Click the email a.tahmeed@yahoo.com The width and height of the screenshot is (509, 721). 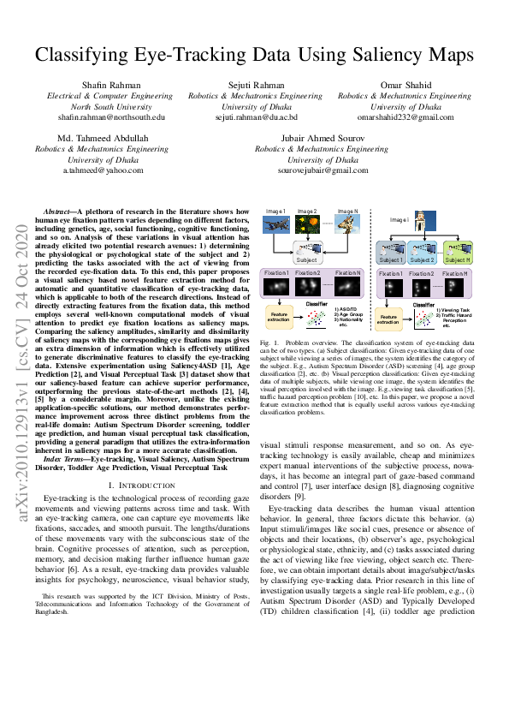pos(101,170)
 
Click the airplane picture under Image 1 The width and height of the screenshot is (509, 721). pos(275,223)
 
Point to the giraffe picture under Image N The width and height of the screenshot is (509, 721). pos(347,224)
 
